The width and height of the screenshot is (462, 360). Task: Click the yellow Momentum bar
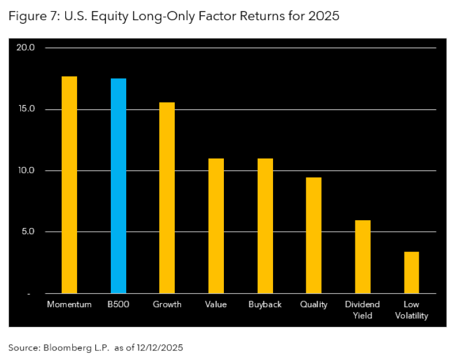pos(69,185)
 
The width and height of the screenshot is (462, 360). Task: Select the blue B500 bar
pos(118,186)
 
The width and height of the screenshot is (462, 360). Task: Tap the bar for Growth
pos(167,198)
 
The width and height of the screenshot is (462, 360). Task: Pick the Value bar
pos(216,226)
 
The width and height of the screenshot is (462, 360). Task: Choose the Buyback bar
pos(265,226)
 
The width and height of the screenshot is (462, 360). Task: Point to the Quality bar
pos(313,235)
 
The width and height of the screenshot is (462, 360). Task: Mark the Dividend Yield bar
pos(362,256)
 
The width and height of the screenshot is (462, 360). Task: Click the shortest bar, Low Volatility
pos(411,272)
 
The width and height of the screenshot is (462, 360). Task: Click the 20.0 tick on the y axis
pos(28,47)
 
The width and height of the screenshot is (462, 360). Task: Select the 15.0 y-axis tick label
pos(28,110)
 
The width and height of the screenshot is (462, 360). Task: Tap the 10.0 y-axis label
pos(28,171)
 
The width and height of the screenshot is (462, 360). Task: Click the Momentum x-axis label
pos(69,304)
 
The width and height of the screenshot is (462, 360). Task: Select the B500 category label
pos(118,304)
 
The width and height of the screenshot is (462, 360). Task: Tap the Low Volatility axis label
pos(411,310)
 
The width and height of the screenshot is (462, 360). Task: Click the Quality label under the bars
pos(313,304)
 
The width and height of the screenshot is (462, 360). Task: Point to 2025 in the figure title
pos(323,16)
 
